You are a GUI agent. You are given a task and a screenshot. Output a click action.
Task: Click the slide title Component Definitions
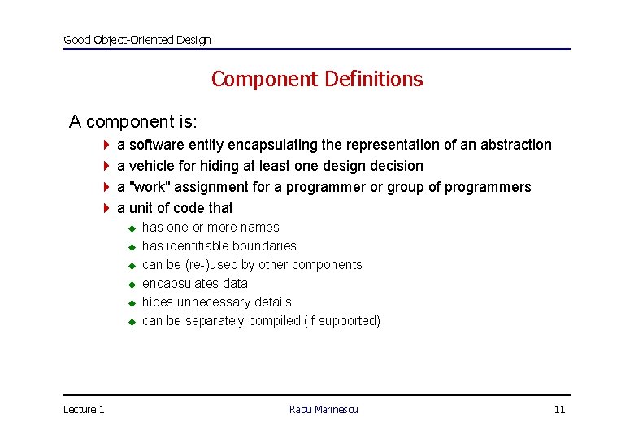coord(317,79)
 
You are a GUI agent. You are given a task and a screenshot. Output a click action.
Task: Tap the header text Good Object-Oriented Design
coord(137,40)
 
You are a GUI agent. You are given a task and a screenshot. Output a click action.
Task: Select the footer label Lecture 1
coord(84,409)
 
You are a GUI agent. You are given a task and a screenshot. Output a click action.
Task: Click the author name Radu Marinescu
coord(324,409)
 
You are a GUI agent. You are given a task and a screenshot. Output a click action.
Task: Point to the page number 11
coord(559,409)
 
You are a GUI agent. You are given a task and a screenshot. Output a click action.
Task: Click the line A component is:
coord(133,122)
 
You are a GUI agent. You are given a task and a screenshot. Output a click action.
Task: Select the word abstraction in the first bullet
coord(515,145)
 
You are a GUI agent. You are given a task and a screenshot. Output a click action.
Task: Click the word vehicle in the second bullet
coord(150,166)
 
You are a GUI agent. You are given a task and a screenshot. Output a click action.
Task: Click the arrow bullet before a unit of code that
coord(106,208)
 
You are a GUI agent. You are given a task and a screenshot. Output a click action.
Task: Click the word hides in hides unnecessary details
coord(158,302)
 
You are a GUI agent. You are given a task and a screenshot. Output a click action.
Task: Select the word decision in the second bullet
coord(395,166)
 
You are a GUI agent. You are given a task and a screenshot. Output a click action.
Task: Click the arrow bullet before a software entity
coord(106,145)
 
